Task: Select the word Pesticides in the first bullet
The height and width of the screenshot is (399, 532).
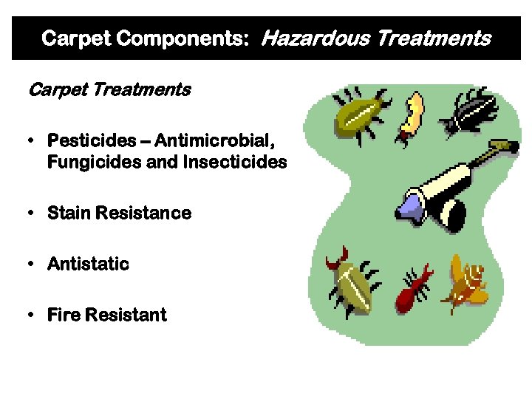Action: [92, 140]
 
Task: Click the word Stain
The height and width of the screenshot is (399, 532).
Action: [69, 214]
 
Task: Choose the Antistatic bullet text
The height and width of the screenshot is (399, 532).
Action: [88, 264]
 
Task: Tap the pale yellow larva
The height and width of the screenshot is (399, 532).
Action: [411, 116]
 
